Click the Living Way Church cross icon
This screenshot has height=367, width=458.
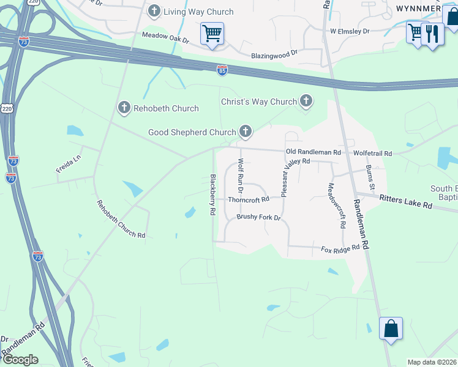pos(154,11)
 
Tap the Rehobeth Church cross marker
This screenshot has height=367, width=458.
pos(124,108)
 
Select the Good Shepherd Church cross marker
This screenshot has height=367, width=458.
pos(246,131)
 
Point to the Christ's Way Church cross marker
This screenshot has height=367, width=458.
pos(306,101)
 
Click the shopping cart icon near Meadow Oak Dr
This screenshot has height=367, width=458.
pos(212,34)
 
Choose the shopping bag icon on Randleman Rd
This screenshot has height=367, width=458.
pos(391,328)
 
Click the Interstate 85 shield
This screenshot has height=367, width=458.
pos(222,71)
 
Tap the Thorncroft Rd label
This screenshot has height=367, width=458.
pos(249,199)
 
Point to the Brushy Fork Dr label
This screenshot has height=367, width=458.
pos(258,217)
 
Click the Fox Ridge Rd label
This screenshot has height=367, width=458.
pos(340,250)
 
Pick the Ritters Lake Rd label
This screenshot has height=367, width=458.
pos(405,202)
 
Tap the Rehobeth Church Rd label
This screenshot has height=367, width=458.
pos(120,219)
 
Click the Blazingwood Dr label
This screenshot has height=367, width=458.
pos(274,54)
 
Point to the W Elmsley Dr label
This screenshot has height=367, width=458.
pos(350,31)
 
